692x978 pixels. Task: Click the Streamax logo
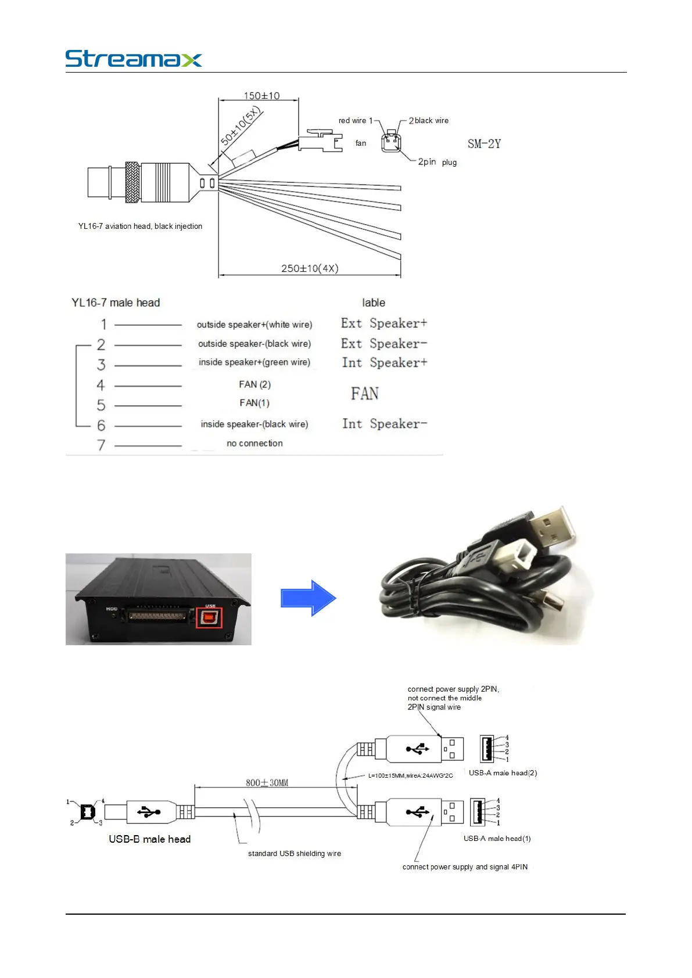[x=133, y=59]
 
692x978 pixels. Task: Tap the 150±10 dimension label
[x=261, y=96]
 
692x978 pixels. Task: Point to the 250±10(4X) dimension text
[x=310, y=268]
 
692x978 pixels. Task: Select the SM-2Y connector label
[x=484, y=144]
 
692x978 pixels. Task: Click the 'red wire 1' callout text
[x=356, y=121]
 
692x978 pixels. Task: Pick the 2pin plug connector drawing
[x=391, y=142]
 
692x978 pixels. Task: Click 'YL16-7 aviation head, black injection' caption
[x=140, y=226]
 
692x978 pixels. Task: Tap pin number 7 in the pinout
[x=101, y=445]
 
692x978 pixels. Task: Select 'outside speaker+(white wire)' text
[x=254, y=325]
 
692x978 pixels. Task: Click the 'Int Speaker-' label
[x=384, y=424]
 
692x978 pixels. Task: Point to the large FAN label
[x=364, y=394]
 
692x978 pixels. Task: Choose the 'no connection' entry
[x=254, y=443]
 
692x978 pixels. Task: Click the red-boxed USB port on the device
[x=209, y=617]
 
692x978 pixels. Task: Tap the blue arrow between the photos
[x=308, y=598]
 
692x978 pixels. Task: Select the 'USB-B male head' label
[x=149, y=839]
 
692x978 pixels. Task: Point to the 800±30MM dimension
[x=267, y=783]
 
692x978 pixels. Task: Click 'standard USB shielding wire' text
[x=295, y=854]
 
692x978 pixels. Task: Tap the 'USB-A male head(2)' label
[x=503, y=773]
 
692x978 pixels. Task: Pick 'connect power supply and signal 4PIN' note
[x=465, y=867]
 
